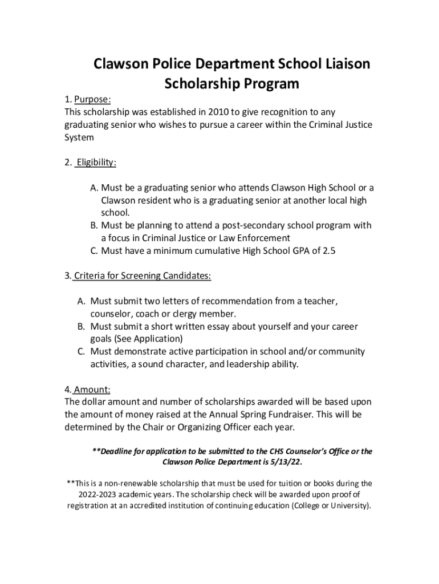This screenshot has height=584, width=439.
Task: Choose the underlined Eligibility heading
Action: pyautogui.click(x=96, y=163)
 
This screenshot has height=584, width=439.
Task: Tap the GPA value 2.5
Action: pyautogui.click(x=324, y=250)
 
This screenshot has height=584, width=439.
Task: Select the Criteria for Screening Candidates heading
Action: pyautogui.click(x=143, y=276)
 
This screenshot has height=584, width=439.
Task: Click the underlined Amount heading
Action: pyautogui.click(x=91, y=390)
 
